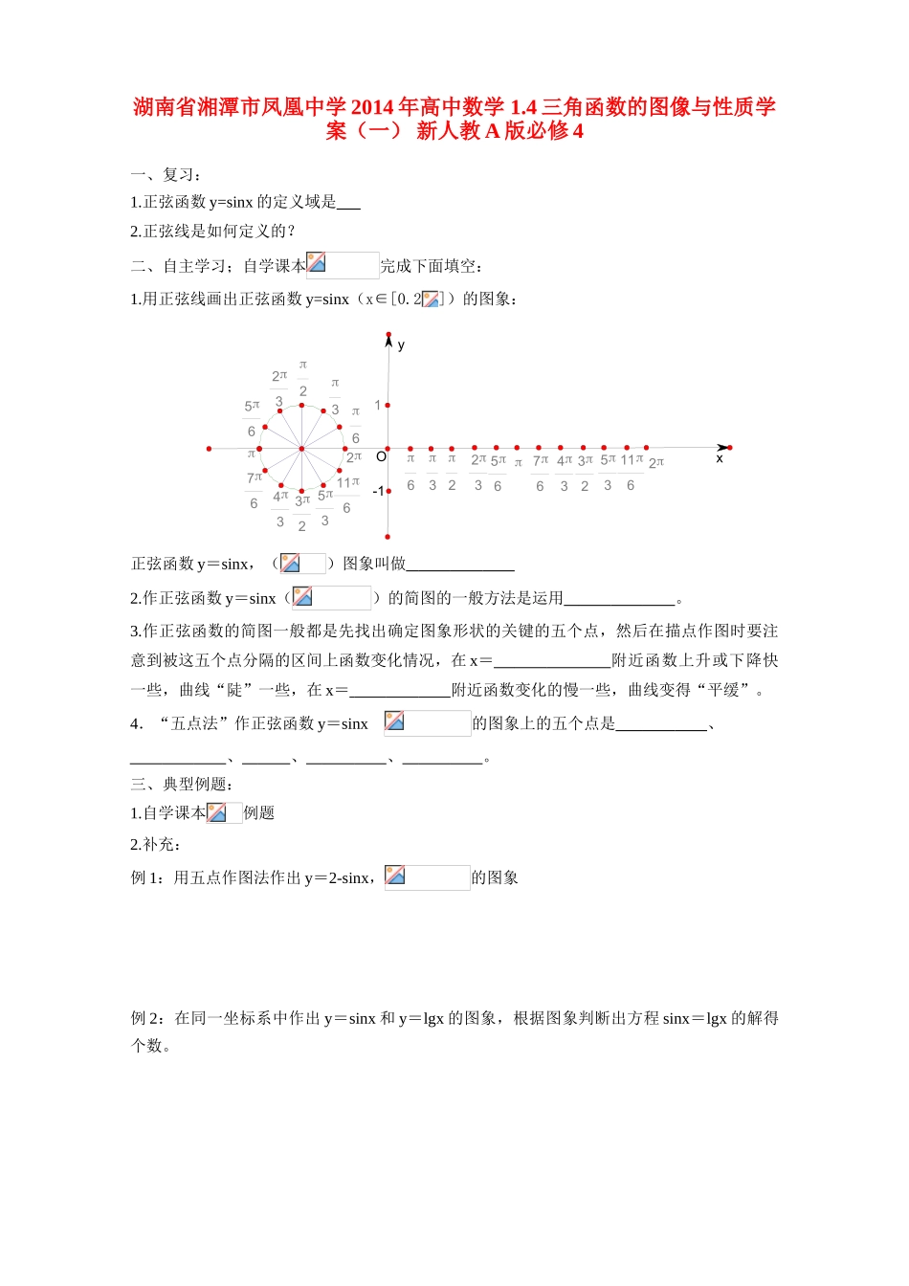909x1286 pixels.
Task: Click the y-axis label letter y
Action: pos(401,345)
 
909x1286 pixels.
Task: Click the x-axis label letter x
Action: pos(720,459)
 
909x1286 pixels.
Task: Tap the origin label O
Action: pos(381,457)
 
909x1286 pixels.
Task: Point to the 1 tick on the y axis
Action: pos(378,406)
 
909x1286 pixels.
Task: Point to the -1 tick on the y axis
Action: pos(378,491)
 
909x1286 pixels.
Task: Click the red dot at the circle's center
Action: pos(301,448)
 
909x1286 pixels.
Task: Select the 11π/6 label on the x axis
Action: pos(631,472)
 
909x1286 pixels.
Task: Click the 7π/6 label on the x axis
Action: pos(541,473)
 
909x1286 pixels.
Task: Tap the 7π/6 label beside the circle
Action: pos(254,489)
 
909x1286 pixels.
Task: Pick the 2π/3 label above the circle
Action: pos(279,388)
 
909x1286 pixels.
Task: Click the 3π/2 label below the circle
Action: pos(302,513)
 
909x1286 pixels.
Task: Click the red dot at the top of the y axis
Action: pos(388,335)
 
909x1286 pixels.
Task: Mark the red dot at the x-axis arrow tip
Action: pos(730,447)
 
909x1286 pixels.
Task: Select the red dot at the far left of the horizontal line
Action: pos(209,448)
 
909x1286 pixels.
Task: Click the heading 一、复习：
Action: pos(166,174)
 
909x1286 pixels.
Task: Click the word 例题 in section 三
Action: pos(259,813)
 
